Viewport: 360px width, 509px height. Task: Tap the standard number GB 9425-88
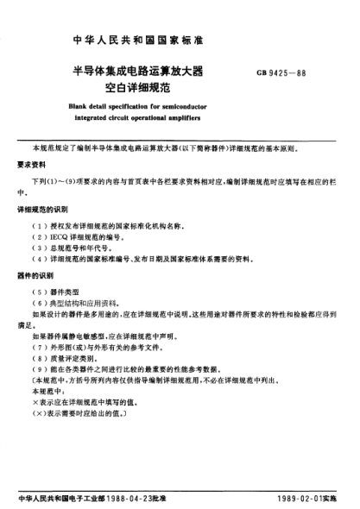point(284,72)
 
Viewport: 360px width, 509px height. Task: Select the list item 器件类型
point(67,291)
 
